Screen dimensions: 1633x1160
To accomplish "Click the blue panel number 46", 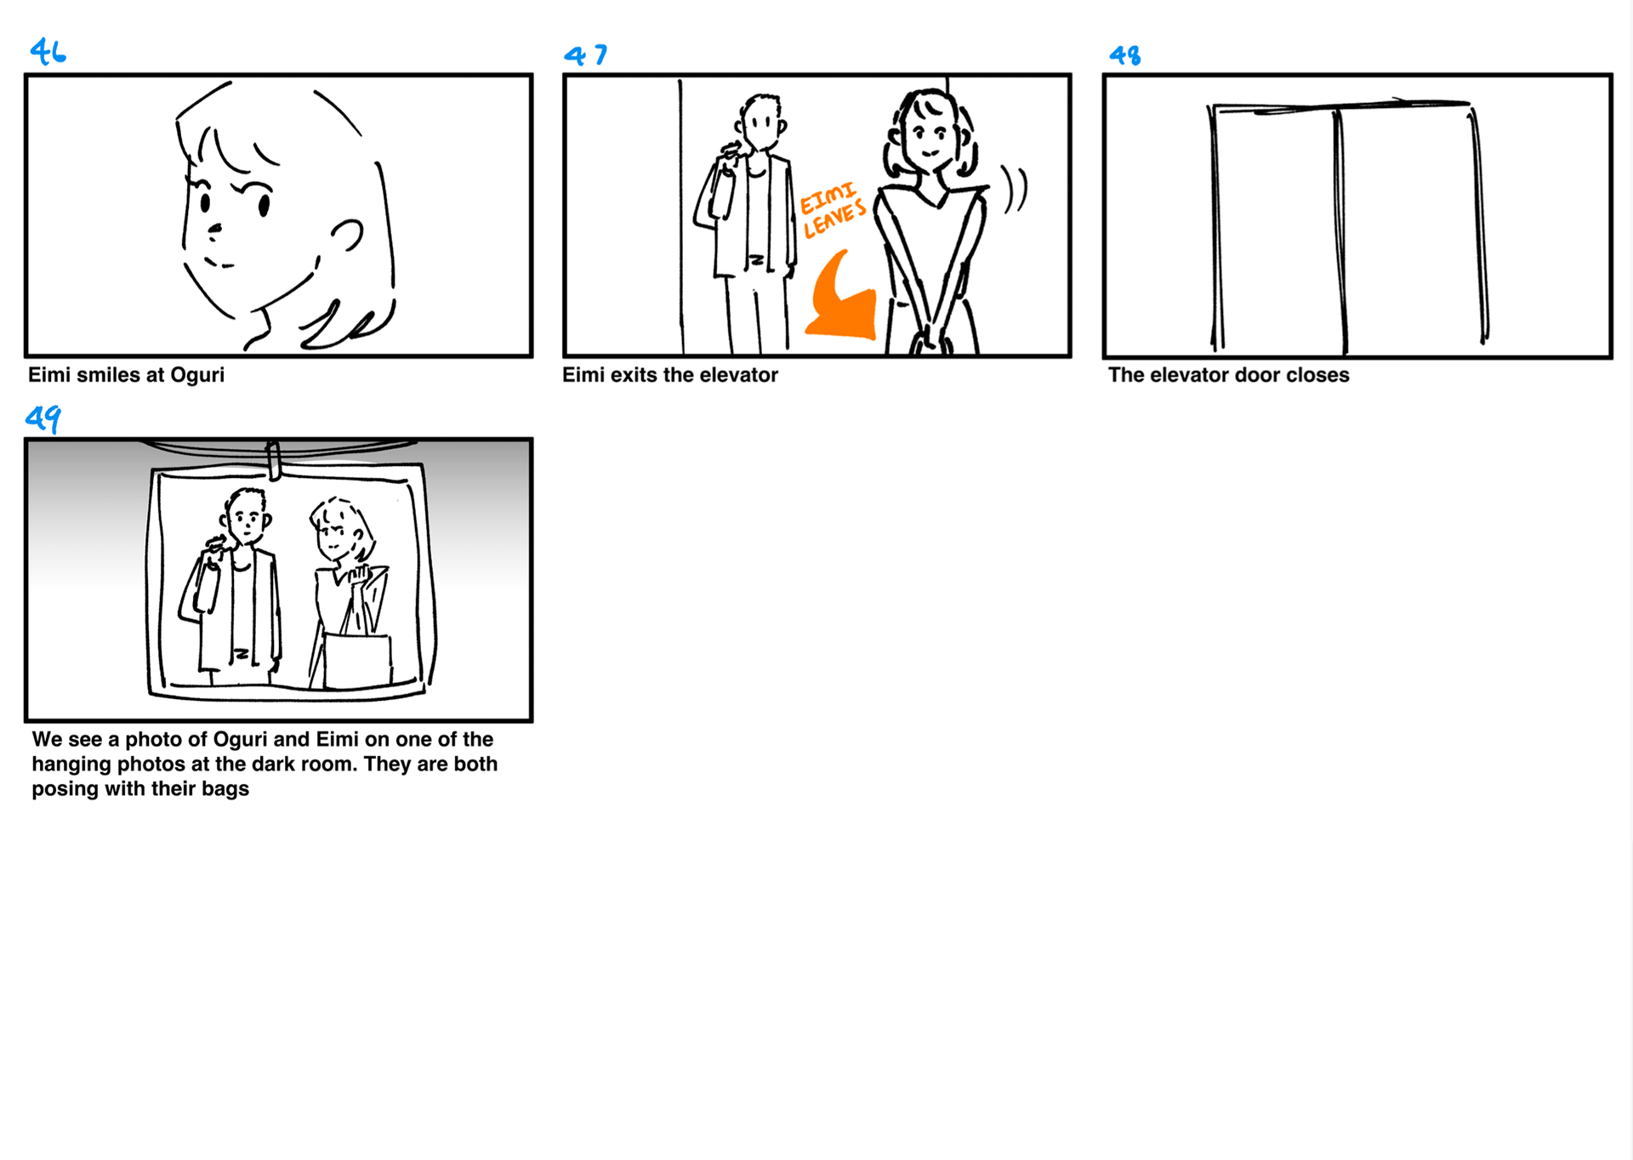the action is tap(48, 52).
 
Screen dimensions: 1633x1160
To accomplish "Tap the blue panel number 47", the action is tap(585, 55).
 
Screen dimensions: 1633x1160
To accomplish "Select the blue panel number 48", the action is tap(1124, 56).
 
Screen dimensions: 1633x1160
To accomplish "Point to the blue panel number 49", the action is tap(43, 418).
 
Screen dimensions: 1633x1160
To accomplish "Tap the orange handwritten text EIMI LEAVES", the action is tap(833, 209).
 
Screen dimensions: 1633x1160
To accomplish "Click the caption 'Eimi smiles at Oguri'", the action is tap(126, 375).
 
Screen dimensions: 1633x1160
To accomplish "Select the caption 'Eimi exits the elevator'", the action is tap(670, 375).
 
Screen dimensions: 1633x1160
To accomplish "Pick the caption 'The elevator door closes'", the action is tap(1228, 375).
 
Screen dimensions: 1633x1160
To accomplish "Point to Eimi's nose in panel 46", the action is tap(214, 229).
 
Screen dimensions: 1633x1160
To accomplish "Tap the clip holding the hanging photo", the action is tap(273, 460).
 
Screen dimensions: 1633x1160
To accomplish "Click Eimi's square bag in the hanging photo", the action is tap(358, 661).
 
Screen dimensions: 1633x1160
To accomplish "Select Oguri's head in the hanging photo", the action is tap(247, 516).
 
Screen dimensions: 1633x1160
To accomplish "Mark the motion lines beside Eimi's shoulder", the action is tap(1014, 189).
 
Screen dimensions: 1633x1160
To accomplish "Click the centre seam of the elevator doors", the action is tap(1340, 230).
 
